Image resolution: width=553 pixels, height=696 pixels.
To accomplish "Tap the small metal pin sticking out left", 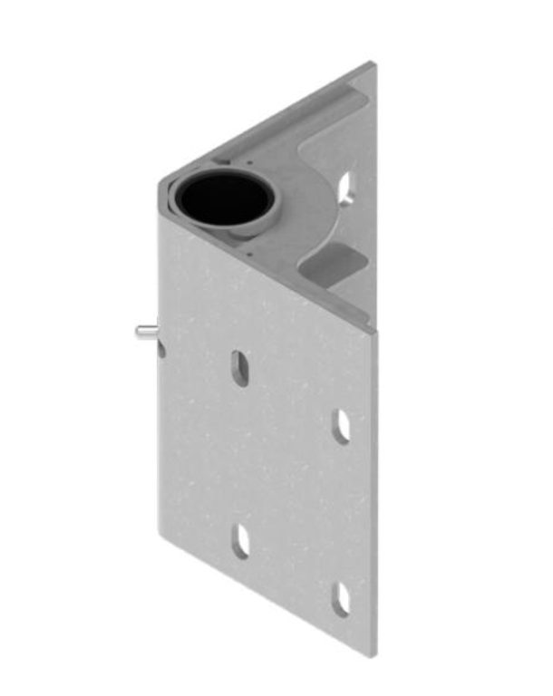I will [146, 331].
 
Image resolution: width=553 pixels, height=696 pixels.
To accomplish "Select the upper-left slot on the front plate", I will [239, 368].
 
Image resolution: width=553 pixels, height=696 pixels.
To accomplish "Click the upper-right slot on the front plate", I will [341, 426].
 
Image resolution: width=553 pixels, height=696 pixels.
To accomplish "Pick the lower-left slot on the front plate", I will [240, 541].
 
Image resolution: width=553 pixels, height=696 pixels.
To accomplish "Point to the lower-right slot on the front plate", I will [341, 599].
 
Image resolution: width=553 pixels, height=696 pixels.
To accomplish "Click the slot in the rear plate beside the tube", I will [346, 188].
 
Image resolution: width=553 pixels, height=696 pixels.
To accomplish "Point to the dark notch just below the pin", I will [161, 348].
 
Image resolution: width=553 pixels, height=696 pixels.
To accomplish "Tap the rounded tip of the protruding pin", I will [139, 332].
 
